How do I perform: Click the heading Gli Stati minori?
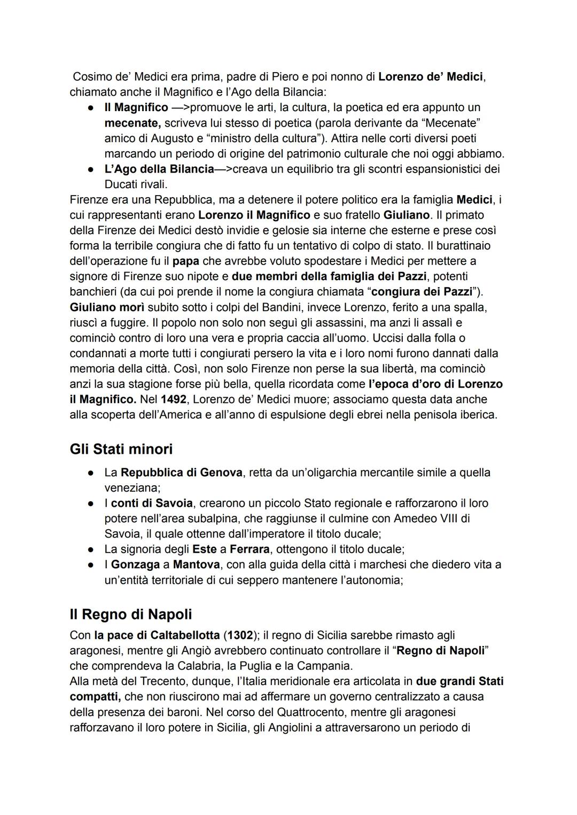click(x=121, y=449)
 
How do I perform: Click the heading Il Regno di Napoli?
click(x=130, y=614)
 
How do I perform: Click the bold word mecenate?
click(x=132, y=123)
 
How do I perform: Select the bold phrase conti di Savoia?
click(x=152, y=503)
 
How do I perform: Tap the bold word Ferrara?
click(x=249, y=549)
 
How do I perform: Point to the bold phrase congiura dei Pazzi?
click(x=422, y=292)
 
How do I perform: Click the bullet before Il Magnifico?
click(x=92, y=108)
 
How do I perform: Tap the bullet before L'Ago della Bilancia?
click(x=92, y=169)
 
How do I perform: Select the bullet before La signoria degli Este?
click(x=92, y=549)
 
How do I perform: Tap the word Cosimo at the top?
click(x=91, y=77)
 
